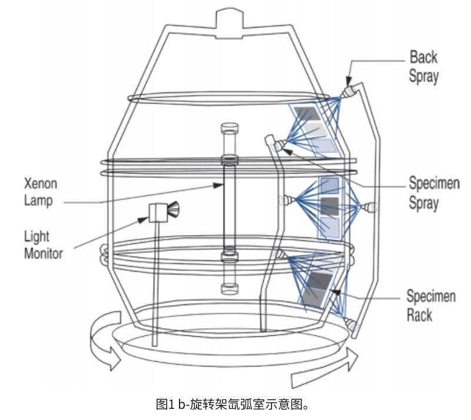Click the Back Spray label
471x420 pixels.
(x=424, y=67)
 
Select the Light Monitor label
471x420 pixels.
(x=42, y=244)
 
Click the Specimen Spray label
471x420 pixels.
(x=433, y=193)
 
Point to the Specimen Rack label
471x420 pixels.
(x=431, y=305)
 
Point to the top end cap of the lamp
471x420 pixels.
(x=228, y=128)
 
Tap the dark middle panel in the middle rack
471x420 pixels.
(x=329, y=205)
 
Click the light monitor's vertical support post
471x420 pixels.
(x=155, y=283)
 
